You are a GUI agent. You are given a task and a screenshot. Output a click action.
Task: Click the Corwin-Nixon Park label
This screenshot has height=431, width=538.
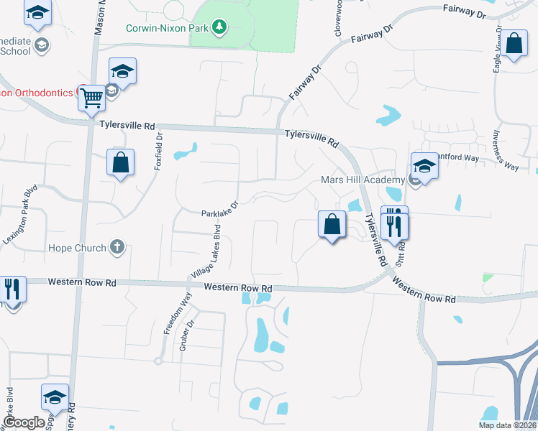(167, 28)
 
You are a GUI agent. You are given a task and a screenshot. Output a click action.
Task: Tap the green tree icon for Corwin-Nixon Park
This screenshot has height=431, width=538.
(219, 28)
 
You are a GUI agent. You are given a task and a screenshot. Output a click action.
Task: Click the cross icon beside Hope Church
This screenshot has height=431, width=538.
(117, 248)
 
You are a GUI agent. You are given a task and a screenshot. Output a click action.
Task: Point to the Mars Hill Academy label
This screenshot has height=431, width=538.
(363, 180)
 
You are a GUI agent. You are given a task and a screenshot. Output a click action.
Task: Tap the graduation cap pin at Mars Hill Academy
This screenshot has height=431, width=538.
(424, 167)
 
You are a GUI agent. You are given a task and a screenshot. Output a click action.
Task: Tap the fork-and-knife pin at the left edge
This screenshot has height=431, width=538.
(12, 289)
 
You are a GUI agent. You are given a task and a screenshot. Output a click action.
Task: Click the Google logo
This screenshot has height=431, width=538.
(24, 422)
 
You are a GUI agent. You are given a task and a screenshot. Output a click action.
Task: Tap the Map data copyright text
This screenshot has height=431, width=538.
(507, 425)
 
